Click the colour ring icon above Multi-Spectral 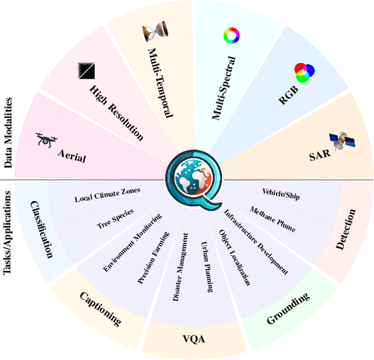click(231, 36)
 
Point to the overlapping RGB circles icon click(304, 73)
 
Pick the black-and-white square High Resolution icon click(86, 71)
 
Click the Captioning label click(101, 308)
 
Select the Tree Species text click(115, 218)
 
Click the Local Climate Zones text click(108, 195)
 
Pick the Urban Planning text click(207, 267)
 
